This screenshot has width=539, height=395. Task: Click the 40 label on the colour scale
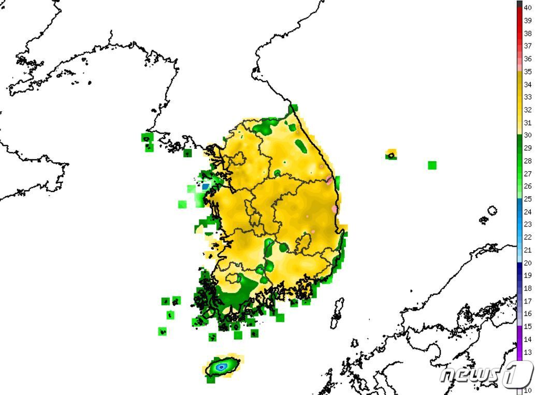[528, 8]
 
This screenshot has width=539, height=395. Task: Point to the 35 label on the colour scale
[528, 72]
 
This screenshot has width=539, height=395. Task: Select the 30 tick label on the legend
[528, 135]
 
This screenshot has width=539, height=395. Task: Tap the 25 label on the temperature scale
[528, 199]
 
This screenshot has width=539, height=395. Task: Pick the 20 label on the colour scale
[528, 263]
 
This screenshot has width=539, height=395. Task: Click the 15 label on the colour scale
[528, 327]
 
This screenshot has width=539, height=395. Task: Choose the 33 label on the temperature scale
[528, 97]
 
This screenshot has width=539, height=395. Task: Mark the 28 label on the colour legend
[528, 161]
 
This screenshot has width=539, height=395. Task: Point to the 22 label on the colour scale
[528, 237]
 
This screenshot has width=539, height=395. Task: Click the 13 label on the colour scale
[528, 352]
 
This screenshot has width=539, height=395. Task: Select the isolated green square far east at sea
[432, 165]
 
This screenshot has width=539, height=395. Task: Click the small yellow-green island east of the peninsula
[391, 154]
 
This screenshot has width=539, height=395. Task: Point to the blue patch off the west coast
[206, 186]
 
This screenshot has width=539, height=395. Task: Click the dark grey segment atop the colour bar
[519, 4]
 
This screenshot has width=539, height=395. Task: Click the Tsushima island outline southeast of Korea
[338, 312]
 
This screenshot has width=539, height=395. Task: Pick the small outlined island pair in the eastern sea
[489, 214]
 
